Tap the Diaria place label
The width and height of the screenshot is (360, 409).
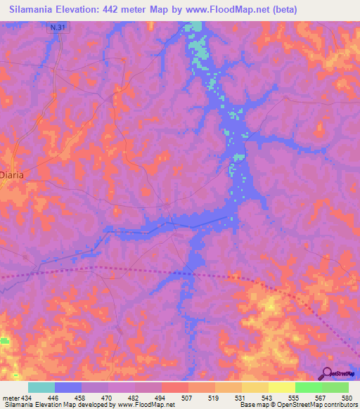13,175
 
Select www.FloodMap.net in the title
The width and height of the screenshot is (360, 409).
229,9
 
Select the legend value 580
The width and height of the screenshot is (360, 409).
344,398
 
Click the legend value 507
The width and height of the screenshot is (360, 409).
187,398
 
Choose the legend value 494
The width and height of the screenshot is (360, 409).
161,398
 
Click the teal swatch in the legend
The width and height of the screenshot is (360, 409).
41,387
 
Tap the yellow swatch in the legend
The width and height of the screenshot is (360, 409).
281,387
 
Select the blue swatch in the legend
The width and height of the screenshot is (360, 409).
68,387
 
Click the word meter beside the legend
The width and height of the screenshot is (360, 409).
11,398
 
